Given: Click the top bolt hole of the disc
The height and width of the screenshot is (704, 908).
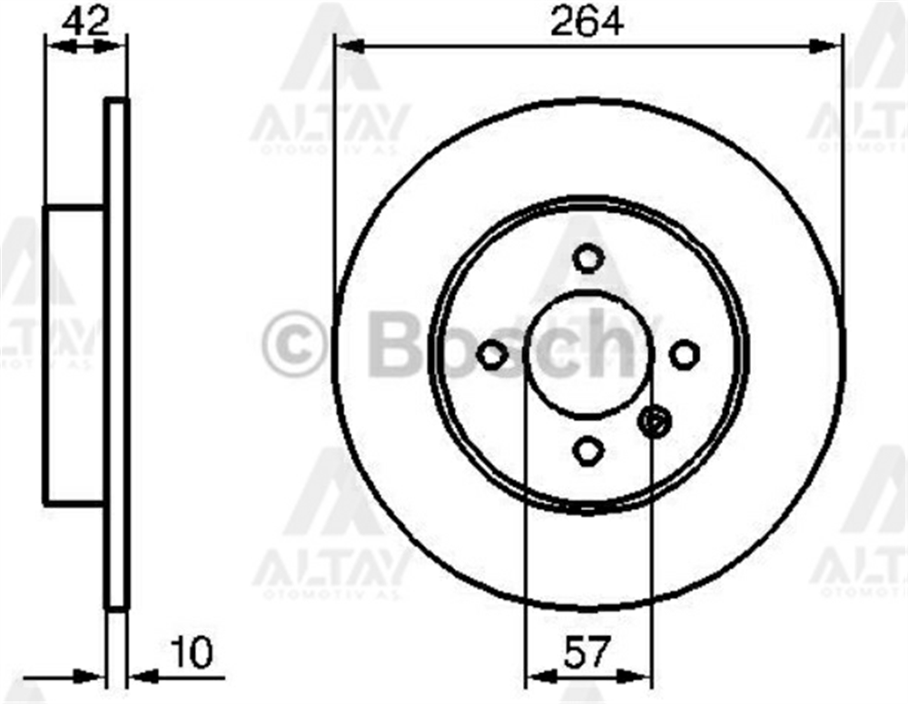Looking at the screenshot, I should pos(588,259).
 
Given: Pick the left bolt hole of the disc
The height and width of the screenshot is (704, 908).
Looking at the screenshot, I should pos(492,355).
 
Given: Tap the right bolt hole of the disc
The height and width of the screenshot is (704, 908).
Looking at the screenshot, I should pos(685,355).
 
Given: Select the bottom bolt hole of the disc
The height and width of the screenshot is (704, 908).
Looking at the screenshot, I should pos(588,449).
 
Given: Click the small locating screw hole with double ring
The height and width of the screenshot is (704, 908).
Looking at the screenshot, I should pos(653,421).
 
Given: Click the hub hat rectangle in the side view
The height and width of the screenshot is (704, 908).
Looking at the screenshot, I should pos(74,355).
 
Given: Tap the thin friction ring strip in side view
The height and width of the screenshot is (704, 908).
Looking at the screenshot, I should pos(116,354).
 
